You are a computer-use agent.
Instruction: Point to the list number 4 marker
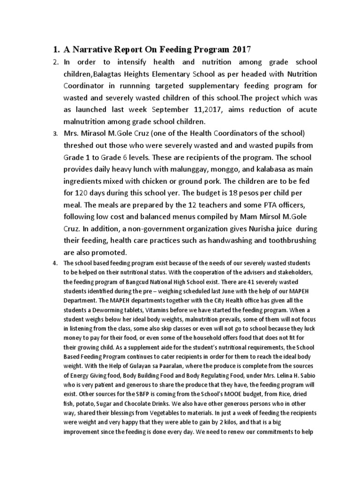[55, 263]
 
